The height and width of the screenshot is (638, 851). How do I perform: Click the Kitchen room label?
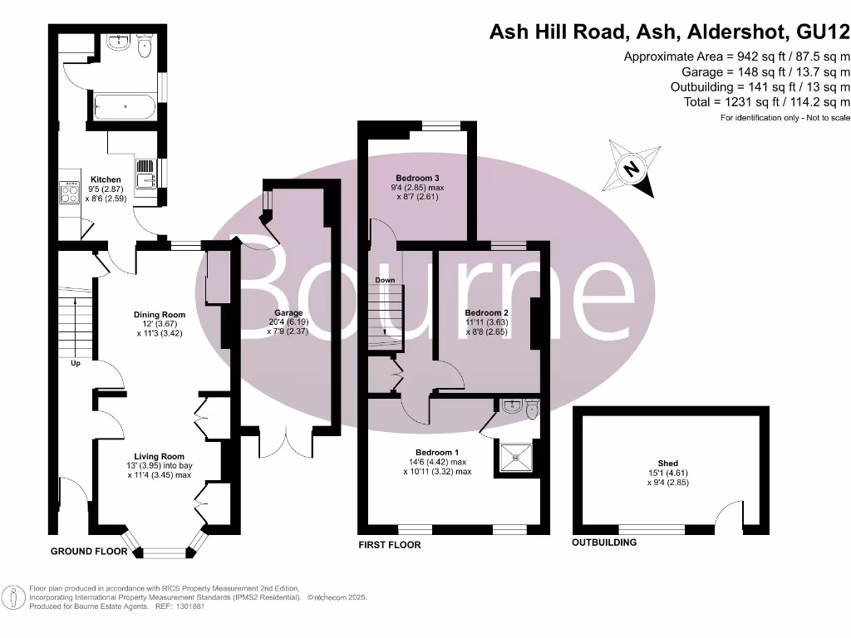[106, 179]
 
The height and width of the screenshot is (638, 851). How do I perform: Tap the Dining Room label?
[160, 315]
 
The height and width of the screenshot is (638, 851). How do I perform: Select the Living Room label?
[160, 456]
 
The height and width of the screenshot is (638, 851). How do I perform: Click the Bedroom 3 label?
[417, 179]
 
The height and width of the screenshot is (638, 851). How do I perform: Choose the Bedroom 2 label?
[487, 313]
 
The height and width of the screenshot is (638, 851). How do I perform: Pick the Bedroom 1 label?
[438, 452]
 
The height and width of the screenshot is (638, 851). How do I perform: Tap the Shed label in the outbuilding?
[668, 464]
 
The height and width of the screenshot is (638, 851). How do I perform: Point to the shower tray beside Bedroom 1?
[517, 455]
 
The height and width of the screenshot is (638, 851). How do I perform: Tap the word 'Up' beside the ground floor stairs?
[76, 364]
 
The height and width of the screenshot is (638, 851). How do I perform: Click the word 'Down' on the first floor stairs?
[385, 280]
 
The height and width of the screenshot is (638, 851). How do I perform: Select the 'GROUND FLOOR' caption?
[89, 552]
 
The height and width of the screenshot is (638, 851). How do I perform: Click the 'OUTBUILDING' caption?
[604, 542]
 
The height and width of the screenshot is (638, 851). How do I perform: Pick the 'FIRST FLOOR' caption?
[390, 545]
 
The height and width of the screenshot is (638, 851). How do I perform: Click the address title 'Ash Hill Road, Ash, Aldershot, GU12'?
[669, 32]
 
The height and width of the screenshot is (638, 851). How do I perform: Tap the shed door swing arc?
[731, 512]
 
